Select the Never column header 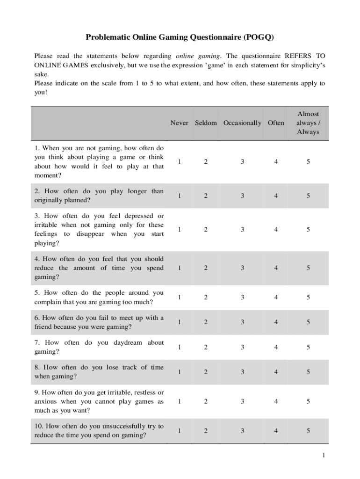(x=179, y=123)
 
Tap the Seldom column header (x=206, y=123)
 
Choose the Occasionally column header (x=242, y=123)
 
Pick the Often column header (x=276, y=123)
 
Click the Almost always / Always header (x=308, y=123)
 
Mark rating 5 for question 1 (x=308, y=162)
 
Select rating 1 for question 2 (x=179, y=196)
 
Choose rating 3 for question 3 (x=242, y=230)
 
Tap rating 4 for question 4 (x=276, y=268)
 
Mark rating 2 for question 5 (x=206, y=298)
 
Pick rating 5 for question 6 (x=308, y=322)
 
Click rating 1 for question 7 (x=179, y=347)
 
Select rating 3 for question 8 (x=242, y=372)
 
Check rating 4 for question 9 (x=276, y=401)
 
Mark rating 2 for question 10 (x=206, y=431)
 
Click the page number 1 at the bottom (x=323, y=456)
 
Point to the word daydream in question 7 (x=128, y=343)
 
